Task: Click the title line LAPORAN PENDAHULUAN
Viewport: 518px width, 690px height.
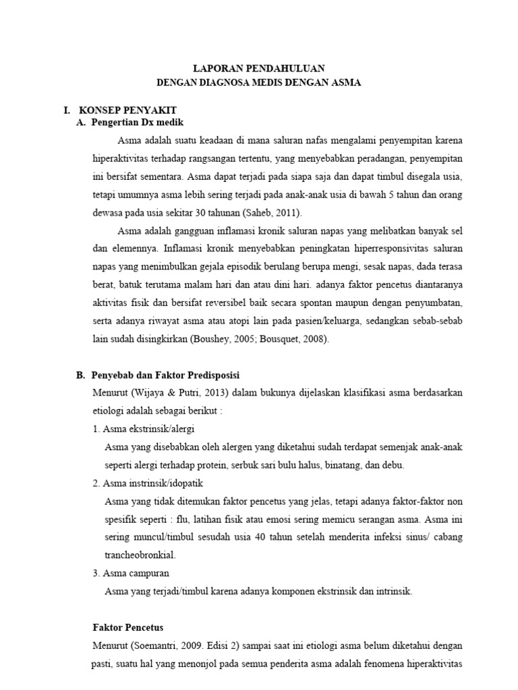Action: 259,68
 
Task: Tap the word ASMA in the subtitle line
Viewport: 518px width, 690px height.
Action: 347,83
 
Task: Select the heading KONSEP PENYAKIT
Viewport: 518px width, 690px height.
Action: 128,109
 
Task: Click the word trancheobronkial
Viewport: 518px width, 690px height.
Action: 141,555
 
